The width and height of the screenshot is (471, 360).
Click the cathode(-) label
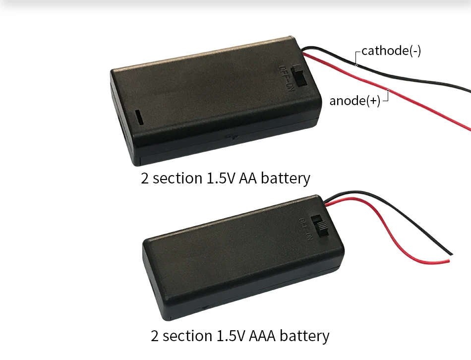tap(391, 51)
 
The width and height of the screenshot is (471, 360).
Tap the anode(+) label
tap(355, 100)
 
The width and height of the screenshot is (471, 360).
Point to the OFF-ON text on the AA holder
tap(287, 78)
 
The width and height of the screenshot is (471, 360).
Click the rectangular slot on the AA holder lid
tap(138, 117)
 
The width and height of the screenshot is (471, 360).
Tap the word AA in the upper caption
tap(248, 178)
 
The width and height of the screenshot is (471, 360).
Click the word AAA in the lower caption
tap(262, 335)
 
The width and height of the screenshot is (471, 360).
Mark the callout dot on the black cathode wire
tap(356, 65)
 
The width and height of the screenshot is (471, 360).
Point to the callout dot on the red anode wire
tap(388, 90)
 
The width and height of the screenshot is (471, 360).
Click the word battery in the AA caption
tap(286, 179)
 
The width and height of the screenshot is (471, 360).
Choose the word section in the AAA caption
tap(187, 335)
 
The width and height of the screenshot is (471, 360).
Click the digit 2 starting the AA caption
tap(145, 178)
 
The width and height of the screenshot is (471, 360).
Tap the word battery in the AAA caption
tap(304, 336)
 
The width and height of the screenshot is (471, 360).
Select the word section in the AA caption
tap(177, 178)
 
